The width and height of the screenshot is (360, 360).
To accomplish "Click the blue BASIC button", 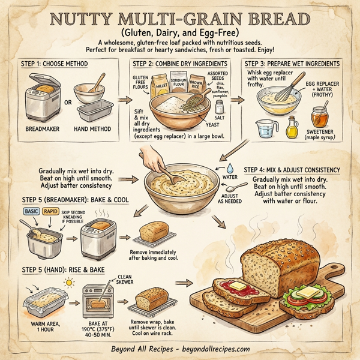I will (x=31, y=211).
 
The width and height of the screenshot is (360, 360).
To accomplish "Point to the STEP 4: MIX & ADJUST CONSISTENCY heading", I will (x=292, y=170).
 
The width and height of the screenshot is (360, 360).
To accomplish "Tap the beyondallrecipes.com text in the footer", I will (x=220, y=349).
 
